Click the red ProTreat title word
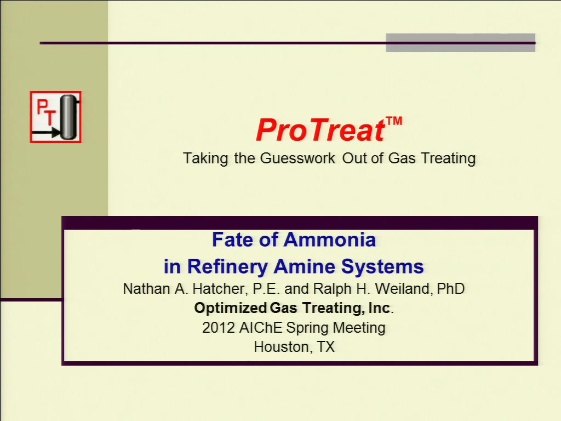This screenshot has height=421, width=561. pos(320,130)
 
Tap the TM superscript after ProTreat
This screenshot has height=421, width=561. pos(394,121)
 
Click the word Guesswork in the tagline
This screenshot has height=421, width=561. pos(297,158)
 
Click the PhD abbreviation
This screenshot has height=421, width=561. pos(451,289)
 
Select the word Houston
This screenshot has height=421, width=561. pos(281,347)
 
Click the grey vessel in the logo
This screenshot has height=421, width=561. pos(68,117)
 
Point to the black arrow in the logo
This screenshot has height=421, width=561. pos(46,133)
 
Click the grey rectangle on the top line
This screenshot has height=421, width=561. pos(460,43)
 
